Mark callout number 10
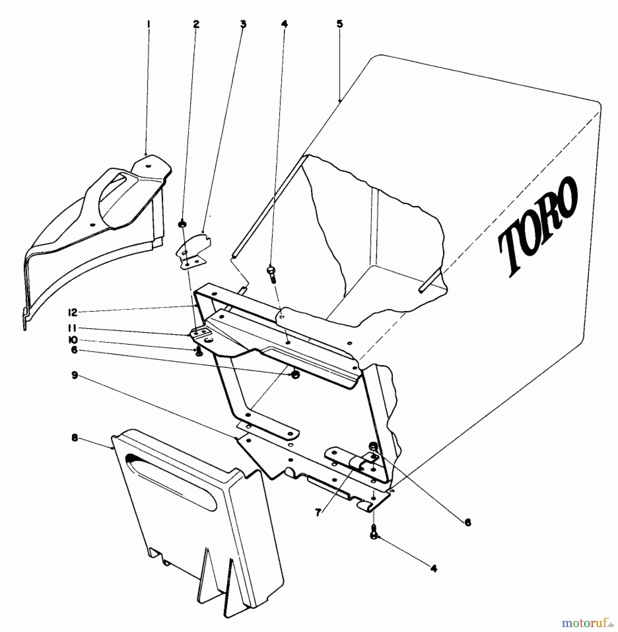coord(73,340)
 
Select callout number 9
coord(74,375)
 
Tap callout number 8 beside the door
coord(74,439)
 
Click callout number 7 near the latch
coord(318,513)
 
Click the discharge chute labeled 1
coord(98,225)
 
